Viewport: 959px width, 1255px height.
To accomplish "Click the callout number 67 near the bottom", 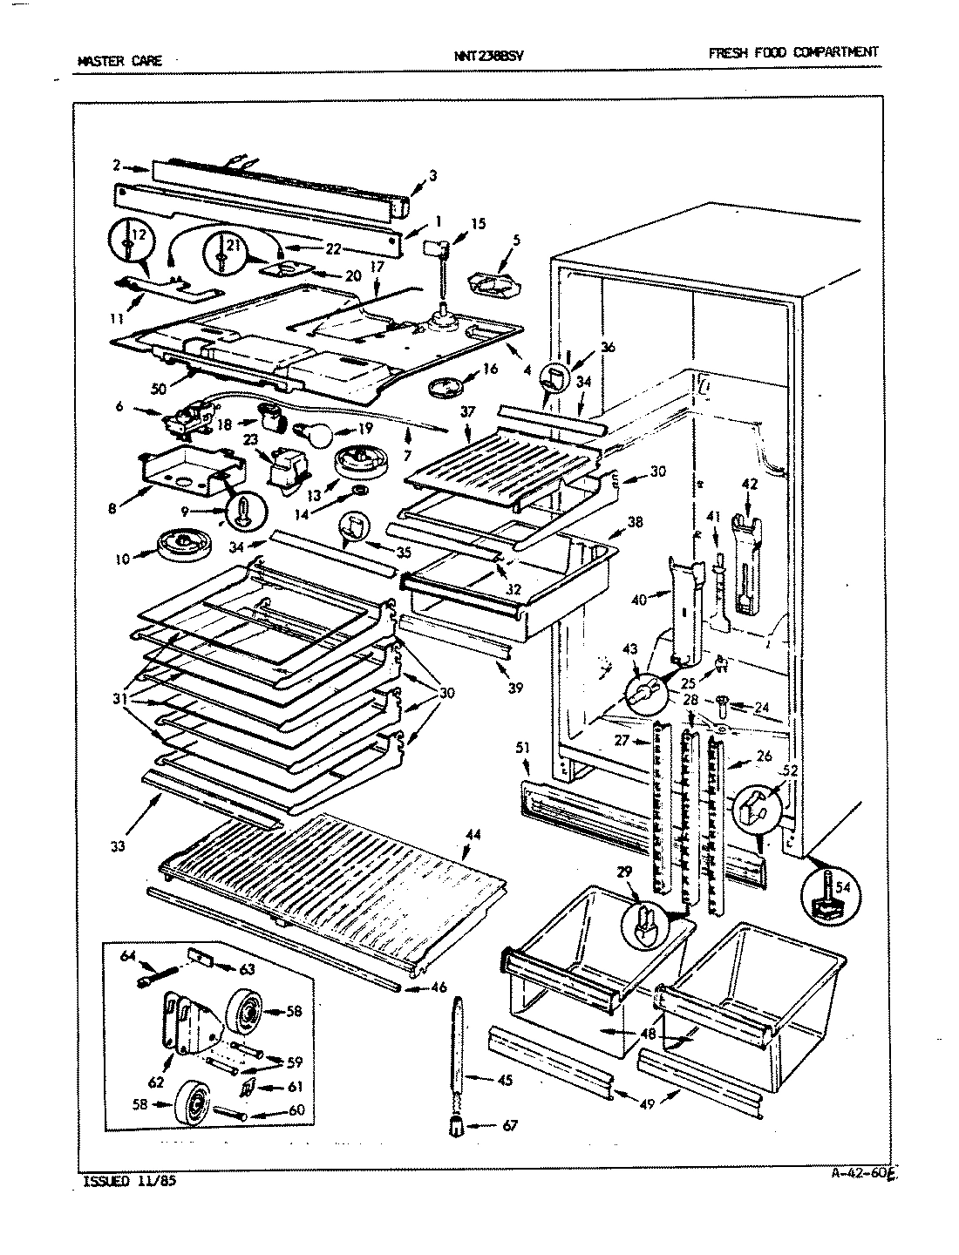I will [x=510, y=1125].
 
